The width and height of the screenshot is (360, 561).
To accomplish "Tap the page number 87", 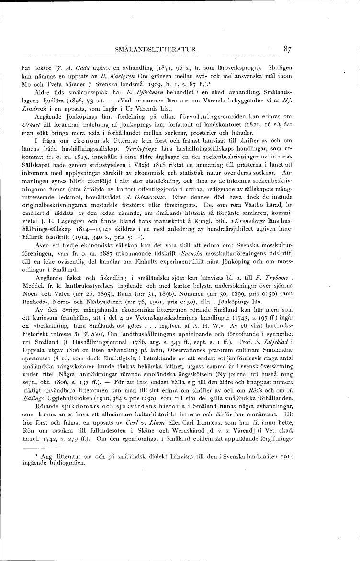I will (x=288, y=48).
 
